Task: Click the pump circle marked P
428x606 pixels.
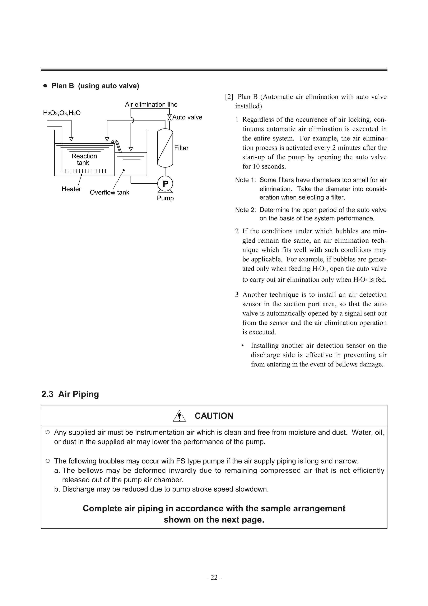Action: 165,184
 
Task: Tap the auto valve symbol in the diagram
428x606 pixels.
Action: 169,118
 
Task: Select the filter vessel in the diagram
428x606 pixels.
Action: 165,148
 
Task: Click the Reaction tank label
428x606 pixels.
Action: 84,159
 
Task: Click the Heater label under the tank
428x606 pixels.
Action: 71,189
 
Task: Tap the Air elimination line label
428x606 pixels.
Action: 151,104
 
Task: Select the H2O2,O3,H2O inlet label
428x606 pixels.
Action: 62,113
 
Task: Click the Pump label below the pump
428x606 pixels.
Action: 165,198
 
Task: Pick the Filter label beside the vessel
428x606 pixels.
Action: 181,148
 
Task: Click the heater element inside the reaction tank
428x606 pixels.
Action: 85,171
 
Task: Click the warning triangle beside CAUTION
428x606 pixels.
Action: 179,416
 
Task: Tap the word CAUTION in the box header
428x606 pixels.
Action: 214,416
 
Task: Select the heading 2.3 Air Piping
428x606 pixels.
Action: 70,394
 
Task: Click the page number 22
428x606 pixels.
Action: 214,578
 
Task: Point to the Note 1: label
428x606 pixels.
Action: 245,180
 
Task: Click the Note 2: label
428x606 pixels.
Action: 245,210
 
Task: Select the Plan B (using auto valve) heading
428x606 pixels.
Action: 95,86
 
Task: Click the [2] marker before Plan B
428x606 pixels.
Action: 229,97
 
